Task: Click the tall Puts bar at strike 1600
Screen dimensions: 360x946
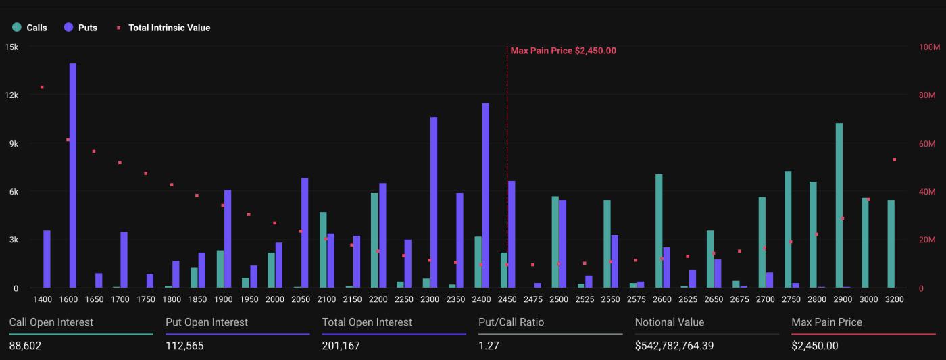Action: coord(73,176)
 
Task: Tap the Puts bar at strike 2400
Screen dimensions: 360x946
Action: coord(486,196)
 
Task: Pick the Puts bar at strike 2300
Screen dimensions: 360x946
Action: coord(434,203)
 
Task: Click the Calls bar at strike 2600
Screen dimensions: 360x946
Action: coord(659,231)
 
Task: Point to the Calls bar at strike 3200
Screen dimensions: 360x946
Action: coord(891,244)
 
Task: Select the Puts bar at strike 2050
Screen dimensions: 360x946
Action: coord(305,233)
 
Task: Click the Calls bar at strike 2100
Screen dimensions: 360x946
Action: coord(323,250)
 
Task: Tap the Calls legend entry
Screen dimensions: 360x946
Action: coord(30,28)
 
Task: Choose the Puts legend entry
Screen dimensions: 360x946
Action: coord(81,28)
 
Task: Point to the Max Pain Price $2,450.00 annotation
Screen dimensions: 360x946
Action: coord(563,51)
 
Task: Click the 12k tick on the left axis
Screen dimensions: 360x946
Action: coord(11,95)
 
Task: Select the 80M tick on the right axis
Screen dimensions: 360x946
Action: coord(927,95)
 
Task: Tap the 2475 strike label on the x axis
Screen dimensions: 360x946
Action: coord(532,299)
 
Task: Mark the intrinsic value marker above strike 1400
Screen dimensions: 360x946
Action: coord(42,87)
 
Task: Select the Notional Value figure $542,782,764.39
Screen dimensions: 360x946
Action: coord(674,346)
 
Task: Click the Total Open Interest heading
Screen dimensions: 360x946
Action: coord(367,322)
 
